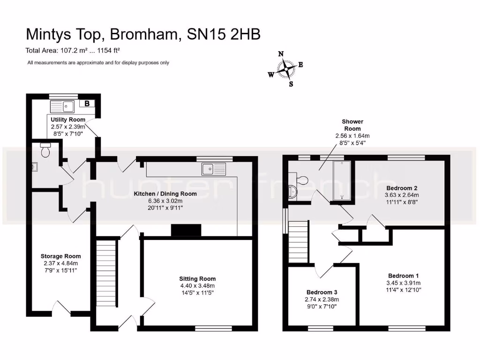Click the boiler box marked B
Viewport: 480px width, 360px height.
coord(87,104)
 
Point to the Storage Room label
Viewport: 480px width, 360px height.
coord(60,256)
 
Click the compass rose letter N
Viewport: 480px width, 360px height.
coord(281,54)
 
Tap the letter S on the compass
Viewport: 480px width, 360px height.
coord(291,84)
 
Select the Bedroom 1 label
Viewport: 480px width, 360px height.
coord(404,276)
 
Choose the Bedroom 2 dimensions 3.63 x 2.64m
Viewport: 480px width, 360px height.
coord(402,195)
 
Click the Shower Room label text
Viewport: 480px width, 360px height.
coord(352,125)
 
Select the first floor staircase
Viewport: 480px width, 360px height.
coord(298,241)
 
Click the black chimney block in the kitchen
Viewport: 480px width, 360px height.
coord(186,230)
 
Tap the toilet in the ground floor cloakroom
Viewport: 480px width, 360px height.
coord(46,151)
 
